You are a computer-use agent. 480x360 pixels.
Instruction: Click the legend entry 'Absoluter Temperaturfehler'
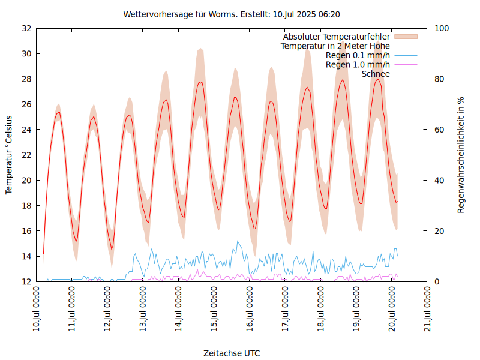click(x=337, y=36)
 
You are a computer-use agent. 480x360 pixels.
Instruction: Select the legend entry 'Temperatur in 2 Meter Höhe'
click(x=335, y=46)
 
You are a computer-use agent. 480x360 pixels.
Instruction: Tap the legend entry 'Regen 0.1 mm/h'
click(x=358, y=55)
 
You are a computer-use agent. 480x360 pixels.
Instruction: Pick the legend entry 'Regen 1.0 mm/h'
click(x=358, y=65)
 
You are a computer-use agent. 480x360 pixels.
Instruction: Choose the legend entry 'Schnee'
click(x=376, y=74)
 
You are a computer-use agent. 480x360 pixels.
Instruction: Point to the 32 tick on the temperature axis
click(x=26, y=28)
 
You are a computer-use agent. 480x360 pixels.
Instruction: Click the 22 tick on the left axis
click(x=26, y=155)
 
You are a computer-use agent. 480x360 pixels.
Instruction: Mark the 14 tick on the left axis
click(x=26, y=256)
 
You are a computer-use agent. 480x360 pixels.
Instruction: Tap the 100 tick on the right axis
click(x=442, y=28)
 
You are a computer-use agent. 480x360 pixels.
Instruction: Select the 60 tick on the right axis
click(x=439, y=130)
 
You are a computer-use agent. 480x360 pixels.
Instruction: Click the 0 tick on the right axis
click(x=437, y=281)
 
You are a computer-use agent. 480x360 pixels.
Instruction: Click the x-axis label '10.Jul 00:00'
click(x=37, y=310)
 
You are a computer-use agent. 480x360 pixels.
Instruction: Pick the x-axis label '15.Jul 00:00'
click(x=215, y=310)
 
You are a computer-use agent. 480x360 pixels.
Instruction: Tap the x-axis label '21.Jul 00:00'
click(x=428, y=310)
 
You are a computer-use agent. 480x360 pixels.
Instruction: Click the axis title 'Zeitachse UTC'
click(x=232, y=353)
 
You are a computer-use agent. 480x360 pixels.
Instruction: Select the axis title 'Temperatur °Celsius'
click(x=9, y=154)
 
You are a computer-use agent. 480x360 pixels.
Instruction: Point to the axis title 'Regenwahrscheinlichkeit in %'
click(x=461, y=155)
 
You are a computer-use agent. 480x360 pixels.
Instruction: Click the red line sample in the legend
click(x=405, y=46)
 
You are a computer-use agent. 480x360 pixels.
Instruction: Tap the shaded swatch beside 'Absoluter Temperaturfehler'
click(x=405, y=36)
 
